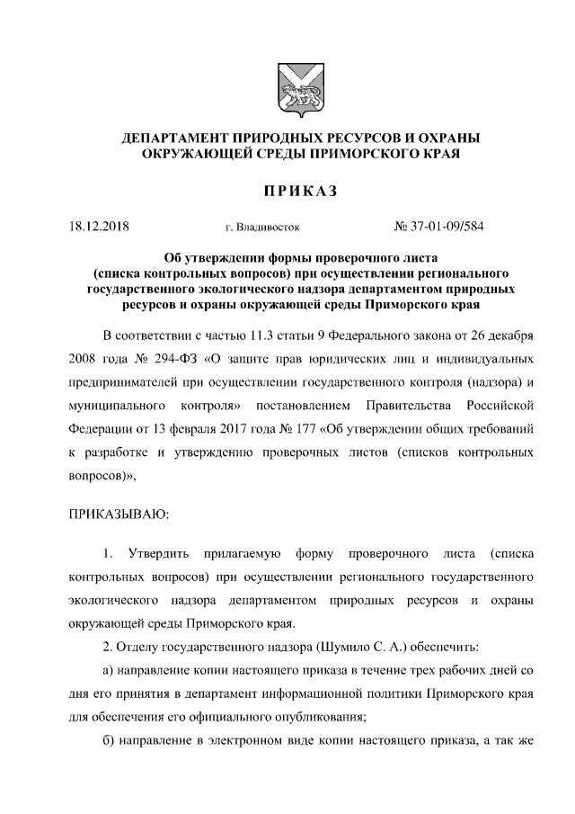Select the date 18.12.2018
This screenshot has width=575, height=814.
tap(99, 227)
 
